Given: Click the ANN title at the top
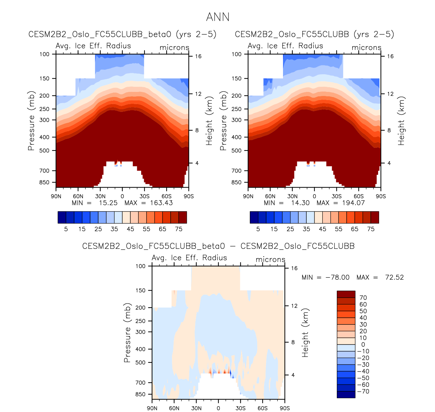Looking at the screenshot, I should (x=218, y=17).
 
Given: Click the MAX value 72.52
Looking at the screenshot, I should (x=394, y=277).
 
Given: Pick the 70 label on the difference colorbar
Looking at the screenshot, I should (x=363, y=298).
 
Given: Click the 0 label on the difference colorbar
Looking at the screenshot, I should (x=363, y=345).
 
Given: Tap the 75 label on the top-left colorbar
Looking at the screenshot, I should (x=179, y=229).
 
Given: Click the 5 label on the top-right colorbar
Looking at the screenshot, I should (x=258, y=229).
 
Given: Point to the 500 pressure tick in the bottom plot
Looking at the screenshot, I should (x=140, y=362).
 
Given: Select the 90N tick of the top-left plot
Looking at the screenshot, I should (x=56, y=196).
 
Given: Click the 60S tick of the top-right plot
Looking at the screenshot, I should (x=358, y=196).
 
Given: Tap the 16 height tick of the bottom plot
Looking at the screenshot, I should (x=294, y=268).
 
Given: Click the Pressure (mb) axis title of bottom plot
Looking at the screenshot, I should (x=127, y=333).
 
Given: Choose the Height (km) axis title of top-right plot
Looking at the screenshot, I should (x=401, y=121).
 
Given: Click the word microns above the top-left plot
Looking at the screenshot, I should (x=174, y=48).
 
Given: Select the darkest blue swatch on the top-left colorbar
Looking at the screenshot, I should (x=62, y=217).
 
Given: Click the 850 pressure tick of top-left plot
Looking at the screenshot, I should (x=44, y=182).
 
